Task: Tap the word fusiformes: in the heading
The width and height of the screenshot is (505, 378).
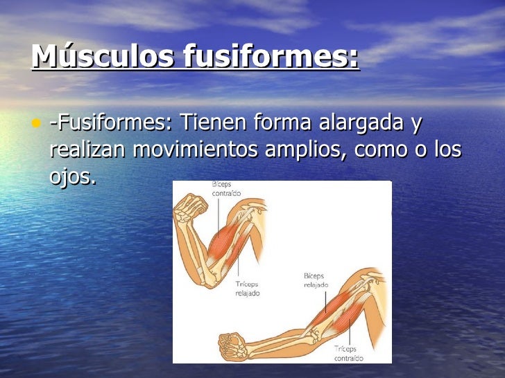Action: pyautogui.click(x=271, y=56)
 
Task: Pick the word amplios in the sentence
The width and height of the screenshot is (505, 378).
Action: pyautogui.click(x=314, y=150)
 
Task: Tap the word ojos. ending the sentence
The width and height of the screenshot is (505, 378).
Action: pyautogui.click(x=72, y=177)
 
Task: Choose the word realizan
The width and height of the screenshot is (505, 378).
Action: pyautogui.click(x=88, y=150)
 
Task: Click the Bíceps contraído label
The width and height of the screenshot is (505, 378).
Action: pyautogui.click(x=225, y=190)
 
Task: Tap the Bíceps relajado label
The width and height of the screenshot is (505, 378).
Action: pyautogui.click(x=316, y=280)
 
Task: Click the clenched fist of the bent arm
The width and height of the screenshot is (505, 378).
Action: pyautogui.click(x=190, y=206)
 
